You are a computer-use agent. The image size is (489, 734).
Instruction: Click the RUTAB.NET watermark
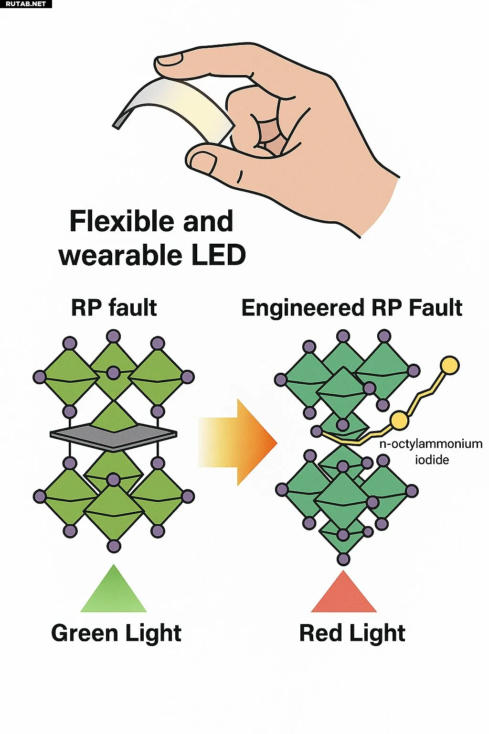tap(25, 4)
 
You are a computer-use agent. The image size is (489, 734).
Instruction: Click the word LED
tap(218, 255)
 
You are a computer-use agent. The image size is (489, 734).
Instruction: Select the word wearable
tap(120, 255)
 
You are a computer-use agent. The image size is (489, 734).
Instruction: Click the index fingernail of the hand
tap(169, 59)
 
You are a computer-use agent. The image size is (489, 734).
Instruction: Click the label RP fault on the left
tap(114, 308)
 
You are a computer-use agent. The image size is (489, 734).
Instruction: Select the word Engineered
tap(303, 309)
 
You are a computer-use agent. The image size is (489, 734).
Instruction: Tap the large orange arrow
tap(238, 442)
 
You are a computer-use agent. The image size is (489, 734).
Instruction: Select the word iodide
tap(432, 460)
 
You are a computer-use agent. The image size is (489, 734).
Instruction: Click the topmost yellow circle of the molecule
tap(449, 365)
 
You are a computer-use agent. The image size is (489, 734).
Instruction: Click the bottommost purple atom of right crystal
tap(343, 559)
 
